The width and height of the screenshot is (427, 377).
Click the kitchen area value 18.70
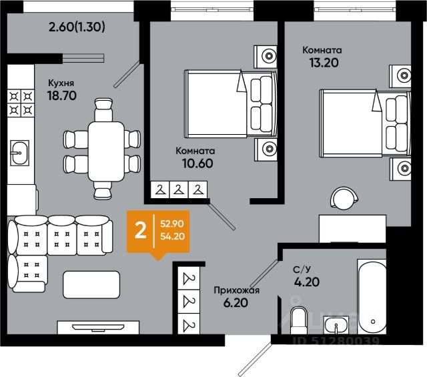[x=62, y=95]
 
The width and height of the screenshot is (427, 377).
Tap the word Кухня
[x=61, y=83]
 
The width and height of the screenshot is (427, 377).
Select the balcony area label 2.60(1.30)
[x=77, y=27]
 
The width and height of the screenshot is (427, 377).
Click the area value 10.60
[x=197, y=163]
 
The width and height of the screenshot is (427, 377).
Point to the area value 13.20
[x=324, y=63]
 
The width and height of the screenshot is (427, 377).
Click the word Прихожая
[x=236, y=290]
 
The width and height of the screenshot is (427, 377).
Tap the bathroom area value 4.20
[x=307, y=282]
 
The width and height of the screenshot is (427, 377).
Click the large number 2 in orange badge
[x=141, y=231]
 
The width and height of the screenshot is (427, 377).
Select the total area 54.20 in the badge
[x=172, y=236]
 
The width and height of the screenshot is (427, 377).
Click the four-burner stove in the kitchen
[x=21, y=103]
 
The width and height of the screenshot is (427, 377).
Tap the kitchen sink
[x=19, y=153]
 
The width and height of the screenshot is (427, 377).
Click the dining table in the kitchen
[x=106, y=151]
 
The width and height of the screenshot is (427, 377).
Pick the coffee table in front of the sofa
[x=91, y=285]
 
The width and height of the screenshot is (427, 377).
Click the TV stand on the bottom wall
[x=98, y=327]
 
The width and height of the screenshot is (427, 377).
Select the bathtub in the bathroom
[x=372, y=297]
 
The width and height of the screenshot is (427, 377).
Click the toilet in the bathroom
[x=299, y=320]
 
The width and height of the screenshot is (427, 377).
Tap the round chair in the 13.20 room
[x=344, y=198]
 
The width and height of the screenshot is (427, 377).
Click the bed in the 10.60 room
[x=231, y=104]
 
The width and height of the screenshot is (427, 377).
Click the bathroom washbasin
[x=336, y=325]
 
